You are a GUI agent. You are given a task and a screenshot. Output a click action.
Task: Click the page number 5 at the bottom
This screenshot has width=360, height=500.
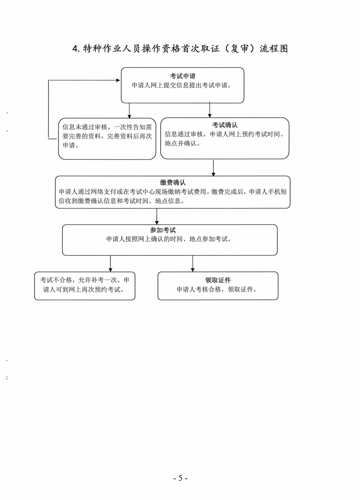[180, 478]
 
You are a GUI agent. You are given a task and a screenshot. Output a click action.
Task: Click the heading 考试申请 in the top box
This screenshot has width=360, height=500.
[183, 76]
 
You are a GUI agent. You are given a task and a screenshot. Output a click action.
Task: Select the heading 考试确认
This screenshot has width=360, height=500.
[225, 125]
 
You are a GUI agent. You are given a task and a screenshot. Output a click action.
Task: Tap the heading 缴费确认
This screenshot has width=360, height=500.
[172, 182]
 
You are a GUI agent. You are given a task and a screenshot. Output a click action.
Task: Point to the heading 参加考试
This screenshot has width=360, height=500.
[163, 230]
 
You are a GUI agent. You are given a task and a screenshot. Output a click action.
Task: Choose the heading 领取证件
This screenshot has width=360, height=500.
[218, 280]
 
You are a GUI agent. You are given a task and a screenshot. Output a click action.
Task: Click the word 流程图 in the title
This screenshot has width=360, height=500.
[274, 48]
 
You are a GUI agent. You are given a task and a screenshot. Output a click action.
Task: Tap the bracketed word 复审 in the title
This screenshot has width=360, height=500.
[240, 48]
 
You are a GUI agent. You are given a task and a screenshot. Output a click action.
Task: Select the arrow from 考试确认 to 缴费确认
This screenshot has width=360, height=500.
[214, 167]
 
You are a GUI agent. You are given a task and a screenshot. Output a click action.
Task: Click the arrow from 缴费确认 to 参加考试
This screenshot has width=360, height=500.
[157, 217]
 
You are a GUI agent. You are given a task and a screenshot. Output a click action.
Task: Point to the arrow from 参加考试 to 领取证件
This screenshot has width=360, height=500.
[193, 263]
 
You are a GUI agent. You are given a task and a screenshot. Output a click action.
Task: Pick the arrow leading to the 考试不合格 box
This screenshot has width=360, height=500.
[110, 263]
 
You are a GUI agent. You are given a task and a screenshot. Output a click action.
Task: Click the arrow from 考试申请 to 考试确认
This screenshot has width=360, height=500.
[209, 109]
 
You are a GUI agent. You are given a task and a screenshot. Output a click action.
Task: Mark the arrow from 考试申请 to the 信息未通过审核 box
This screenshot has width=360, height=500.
[129, 110]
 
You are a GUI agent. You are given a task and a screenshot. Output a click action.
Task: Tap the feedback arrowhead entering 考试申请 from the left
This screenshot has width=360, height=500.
[118, 80]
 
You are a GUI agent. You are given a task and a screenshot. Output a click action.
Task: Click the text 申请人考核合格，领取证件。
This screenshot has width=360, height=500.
[217, 290]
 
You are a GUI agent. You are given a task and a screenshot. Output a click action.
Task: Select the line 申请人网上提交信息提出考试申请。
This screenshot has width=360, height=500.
[182, 85]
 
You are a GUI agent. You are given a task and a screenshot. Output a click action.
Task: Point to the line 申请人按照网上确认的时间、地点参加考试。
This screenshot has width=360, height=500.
[169, 239]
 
